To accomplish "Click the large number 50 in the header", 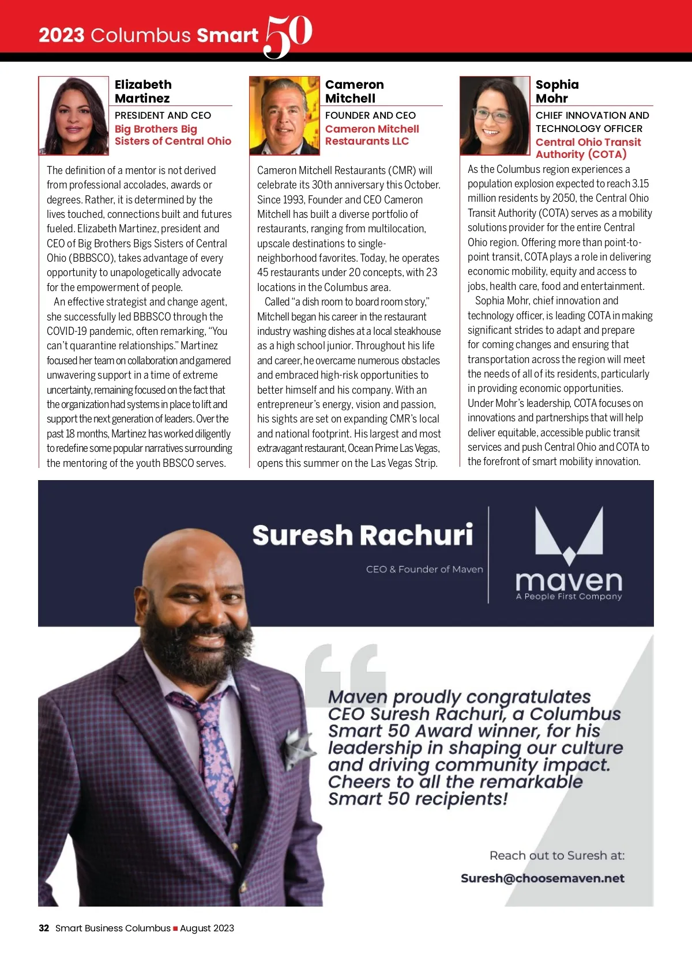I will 288,35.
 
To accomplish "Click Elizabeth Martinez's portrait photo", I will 74,116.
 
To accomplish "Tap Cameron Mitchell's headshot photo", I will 284,116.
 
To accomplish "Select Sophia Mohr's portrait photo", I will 495,116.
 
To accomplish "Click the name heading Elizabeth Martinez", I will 143,91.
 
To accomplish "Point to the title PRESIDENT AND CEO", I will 163,115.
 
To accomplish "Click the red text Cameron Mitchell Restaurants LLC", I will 372,135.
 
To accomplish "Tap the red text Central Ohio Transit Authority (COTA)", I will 588,148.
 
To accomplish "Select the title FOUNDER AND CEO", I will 370,115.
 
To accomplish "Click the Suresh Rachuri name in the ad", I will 363,535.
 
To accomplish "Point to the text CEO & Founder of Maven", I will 424,569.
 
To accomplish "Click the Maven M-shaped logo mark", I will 569,535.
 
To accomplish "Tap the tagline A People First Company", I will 569,597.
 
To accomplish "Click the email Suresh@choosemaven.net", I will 542,878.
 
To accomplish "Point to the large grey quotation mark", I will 345,669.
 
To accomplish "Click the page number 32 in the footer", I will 44,928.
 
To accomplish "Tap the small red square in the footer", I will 175,928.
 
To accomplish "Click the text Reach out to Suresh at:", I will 556,855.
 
